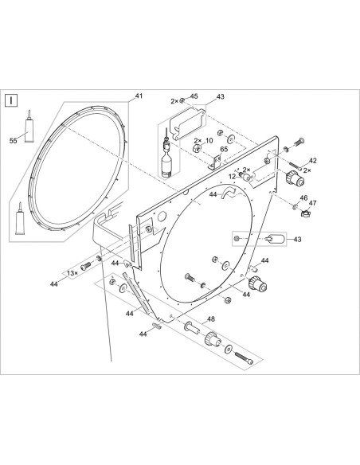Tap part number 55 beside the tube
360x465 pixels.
[x=12, y=140]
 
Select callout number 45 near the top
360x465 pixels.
[x=194, y=96]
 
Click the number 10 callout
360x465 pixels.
[x=209, y=141]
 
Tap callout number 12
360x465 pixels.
[x=231, y=176]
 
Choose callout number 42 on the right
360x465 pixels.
[x=312, y=161]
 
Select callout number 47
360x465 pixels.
[x=313, y=204]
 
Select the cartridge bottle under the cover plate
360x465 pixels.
[x=167, y=162]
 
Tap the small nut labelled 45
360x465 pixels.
[x=182, y=100]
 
